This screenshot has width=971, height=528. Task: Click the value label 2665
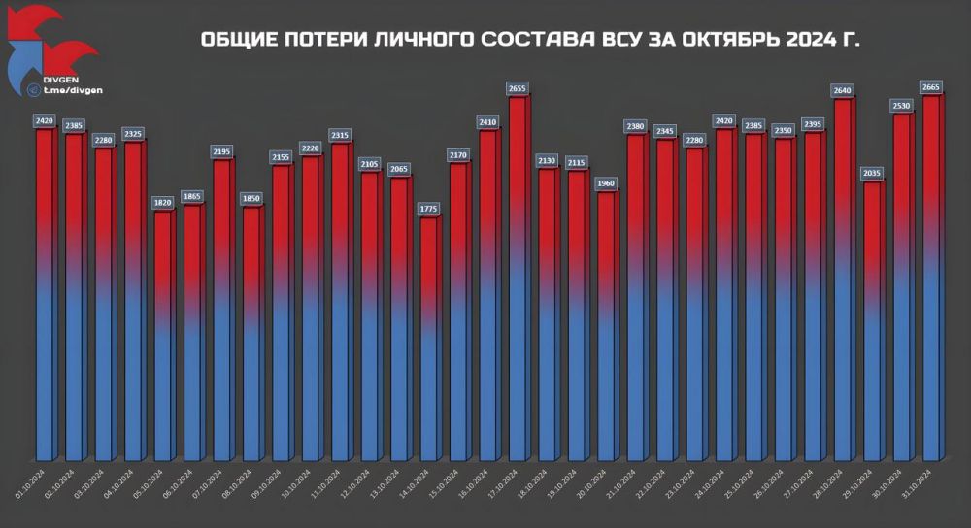(932, 86)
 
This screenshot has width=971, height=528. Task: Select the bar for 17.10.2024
(518, 281)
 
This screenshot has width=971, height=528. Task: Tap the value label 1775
(429, 208)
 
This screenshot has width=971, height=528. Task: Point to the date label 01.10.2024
(29, 479)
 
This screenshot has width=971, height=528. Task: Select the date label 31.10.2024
(918, 479)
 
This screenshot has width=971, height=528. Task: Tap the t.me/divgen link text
(72, 90)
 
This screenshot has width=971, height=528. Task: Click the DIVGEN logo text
(61, 79)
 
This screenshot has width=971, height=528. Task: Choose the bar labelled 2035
(873, 320)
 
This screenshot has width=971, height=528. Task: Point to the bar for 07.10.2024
(221, 311)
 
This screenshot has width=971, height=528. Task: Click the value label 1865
(192, 196)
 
